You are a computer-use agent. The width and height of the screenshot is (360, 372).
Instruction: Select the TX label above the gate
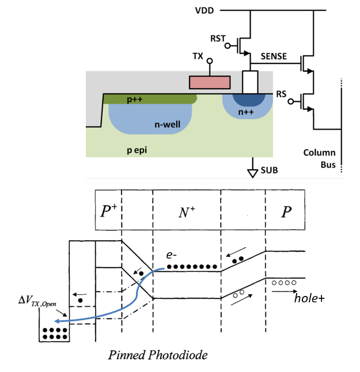(x=198, y=58)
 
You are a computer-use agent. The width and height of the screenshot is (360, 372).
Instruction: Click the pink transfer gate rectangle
(x=210, y=82)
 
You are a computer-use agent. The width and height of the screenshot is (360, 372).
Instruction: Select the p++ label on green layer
(x=133, y=100)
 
